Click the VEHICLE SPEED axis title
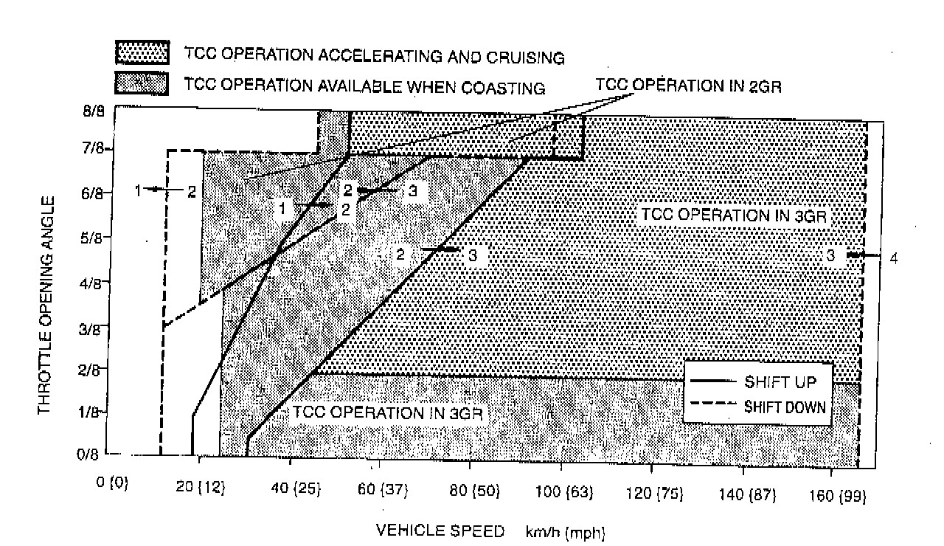coord(440,530)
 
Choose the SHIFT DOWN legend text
coord(784,407)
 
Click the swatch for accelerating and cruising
coord(141,54)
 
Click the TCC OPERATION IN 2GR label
coord(688,86)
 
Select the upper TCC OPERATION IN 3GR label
coord(735,215)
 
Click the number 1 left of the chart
coord(138,190)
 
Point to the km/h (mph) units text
coord(565,532)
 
